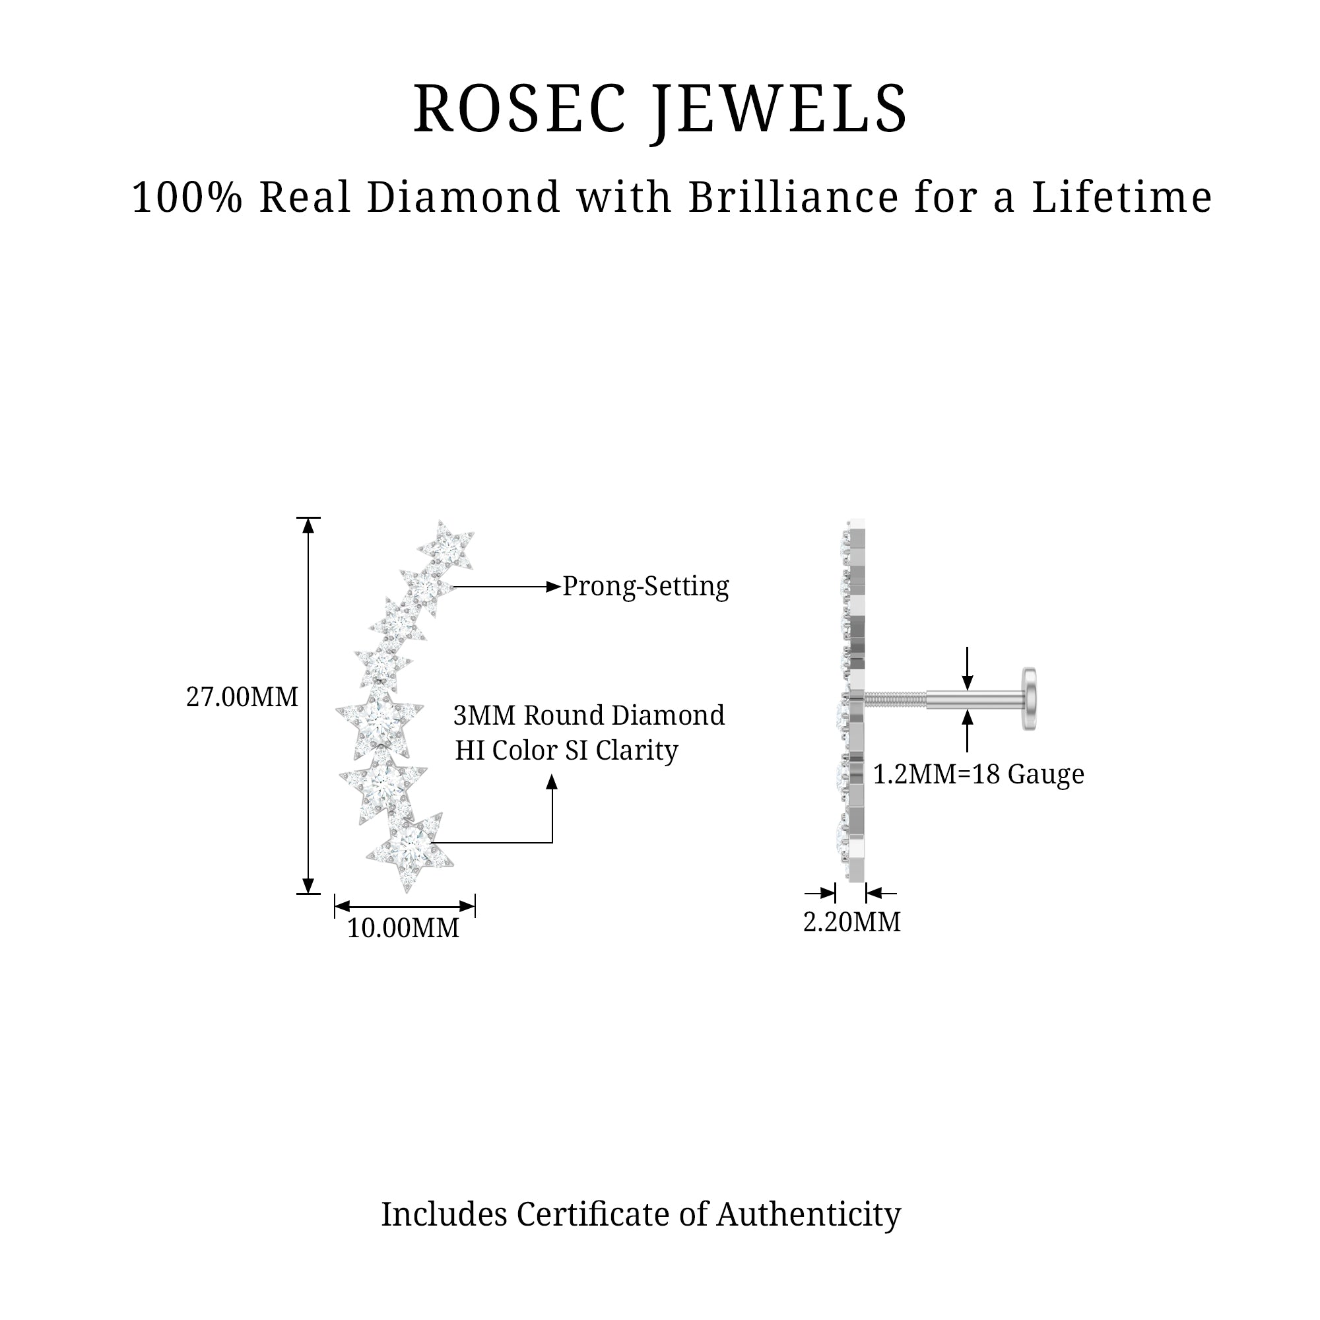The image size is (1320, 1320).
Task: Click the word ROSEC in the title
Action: click(x=519, y=110)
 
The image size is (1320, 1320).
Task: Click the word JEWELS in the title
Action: click(x=779, y=110)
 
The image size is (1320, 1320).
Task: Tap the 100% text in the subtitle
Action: click(x=187, y=198)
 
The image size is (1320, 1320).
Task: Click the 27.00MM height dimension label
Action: click(x=242, y=698)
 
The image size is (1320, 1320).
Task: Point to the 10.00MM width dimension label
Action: click(x=403, y=928)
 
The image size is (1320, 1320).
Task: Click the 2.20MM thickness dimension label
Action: click(x=851, y=923)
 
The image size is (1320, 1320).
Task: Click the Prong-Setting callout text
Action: click(x=645, y=587)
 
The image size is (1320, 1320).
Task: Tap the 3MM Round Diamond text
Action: click(x=589, y=715)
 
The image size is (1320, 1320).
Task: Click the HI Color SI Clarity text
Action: click(x=566, y=750)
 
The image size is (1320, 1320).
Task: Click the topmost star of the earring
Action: click(x=447, y=546)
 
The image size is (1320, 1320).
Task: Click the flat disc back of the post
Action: click(x=1028, y=699)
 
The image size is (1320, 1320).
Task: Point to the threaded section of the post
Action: click(x=895, y=699)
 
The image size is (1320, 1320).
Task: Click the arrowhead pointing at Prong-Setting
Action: click(x=554, y=587)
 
